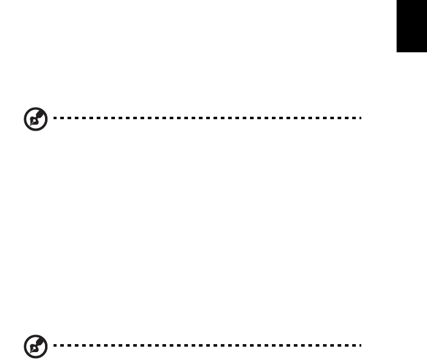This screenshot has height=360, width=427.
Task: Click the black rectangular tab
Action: [412, 29]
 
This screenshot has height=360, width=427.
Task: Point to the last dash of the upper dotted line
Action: [359, 119]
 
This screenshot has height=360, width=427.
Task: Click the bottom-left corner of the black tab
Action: [397, 58]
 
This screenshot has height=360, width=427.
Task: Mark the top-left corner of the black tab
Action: [397, 1]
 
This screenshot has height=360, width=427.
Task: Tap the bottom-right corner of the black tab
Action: [426, 58]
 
